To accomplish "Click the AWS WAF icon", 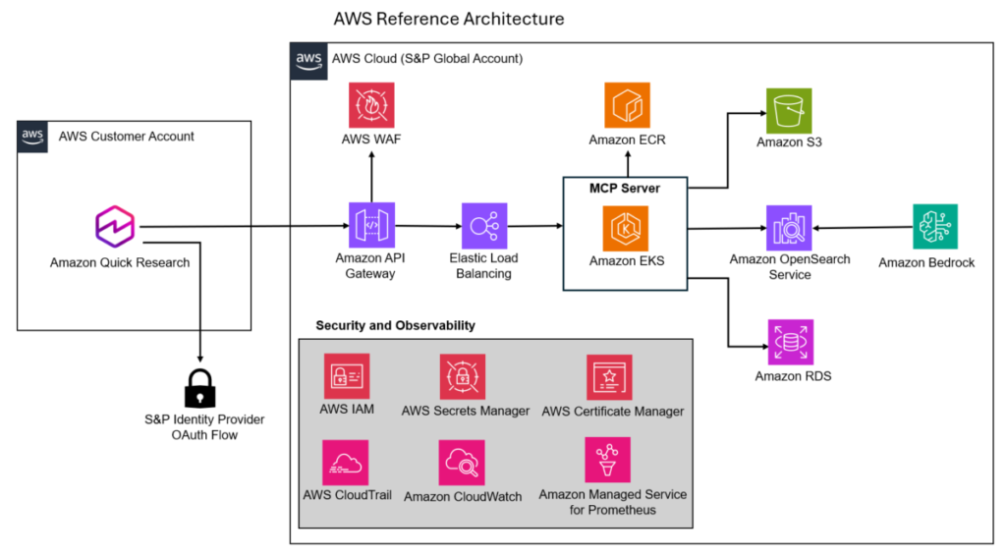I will click(x=371, y=105).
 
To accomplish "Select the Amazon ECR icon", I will click(x=627, y=105).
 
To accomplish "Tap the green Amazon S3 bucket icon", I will click(x=789, y=110).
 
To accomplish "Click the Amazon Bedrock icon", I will click(x=934, y=227).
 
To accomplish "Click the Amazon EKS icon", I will click(x=626, y=227).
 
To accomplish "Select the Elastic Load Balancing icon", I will click(x=484, y=226).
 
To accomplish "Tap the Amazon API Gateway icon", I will click(x=371, y=226).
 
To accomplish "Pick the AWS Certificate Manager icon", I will click(x=609, y=377).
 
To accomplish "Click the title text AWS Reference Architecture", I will click(x=449, y=19).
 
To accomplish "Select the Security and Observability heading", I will click(x=395, y=325).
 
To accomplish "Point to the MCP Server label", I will click(x=625, y=188).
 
